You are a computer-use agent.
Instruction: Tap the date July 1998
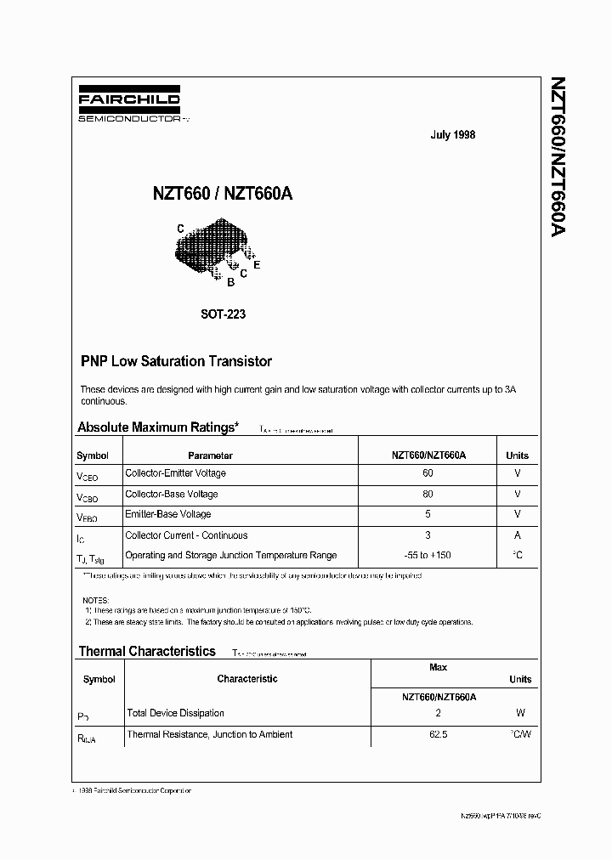click(x=453, y=135)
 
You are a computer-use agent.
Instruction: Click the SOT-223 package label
click(x=224, y=314)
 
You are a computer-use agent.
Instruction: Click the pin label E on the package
click(x=257, y=265)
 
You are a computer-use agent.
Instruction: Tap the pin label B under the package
click(x=230, y=283)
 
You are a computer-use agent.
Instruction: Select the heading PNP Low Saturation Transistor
click(x=176, y=361)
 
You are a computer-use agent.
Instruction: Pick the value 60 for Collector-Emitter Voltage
click(x=428, y=473)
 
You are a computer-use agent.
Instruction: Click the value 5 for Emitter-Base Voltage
click(x=428, y=515)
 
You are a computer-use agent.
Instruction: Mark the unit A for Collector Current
click(x=518, y=536)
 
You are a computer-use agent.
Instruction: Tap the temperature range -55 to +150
click(x=428, y=556)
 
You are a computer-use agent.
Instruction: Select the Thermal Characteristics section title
click(x=147, y=651)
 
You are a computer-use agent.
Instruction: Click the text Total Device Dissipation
click(x=175, y=713)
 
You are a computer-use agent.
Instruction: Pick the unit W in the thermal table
click(x=520, y=714)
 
